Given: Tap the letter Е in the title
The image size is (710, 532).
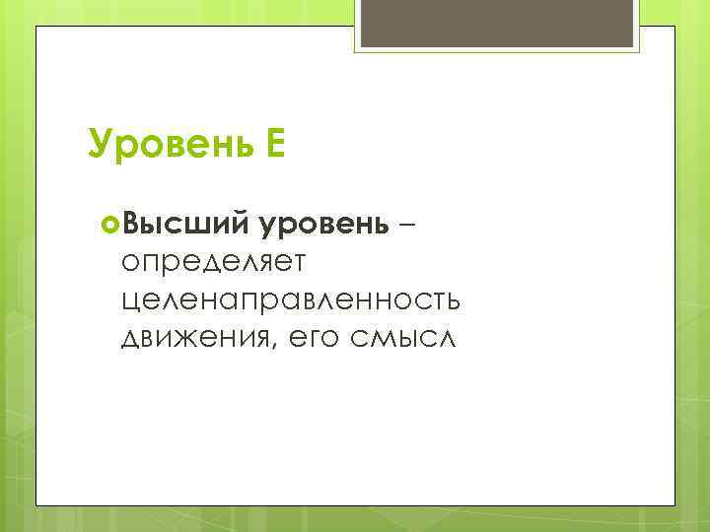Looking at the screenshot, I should coord(275,144).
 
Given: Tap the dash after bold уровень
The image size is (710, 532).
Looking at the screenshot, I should coord(408,224).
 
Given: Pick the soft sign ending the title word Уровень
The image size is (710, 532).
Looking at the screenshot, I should coord(245,145).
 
